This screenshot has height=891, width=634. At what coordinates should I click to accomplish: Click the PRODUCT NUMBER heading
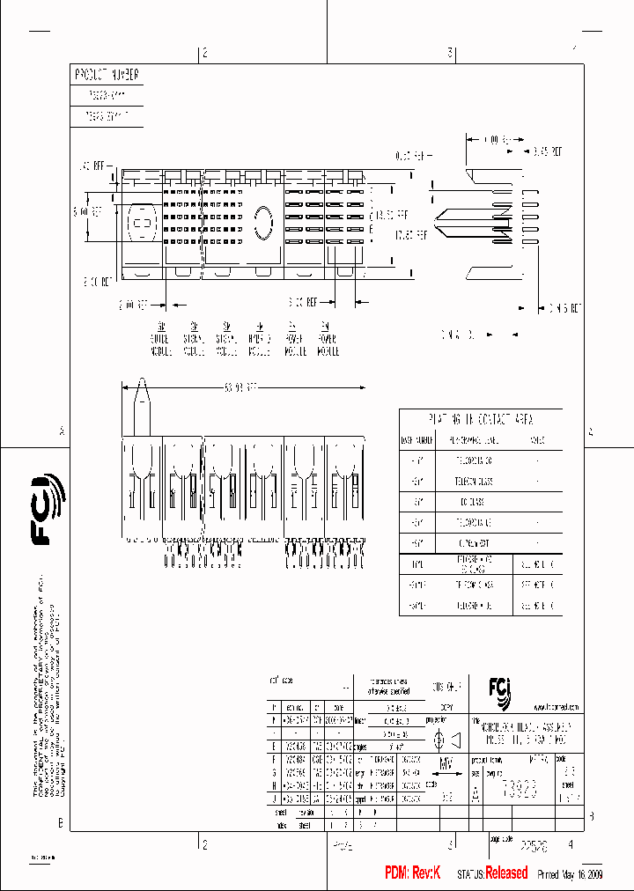[x=107, y=76]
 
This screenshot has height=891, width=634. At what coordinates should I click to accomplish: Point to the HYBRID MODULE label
[x=258, y=339]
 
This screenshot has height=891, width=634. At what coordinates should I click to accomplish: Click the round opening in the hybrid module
[x=262, y=222]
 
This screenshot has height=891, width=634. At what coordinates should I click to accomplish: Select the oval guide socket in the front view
[x=138, y=224]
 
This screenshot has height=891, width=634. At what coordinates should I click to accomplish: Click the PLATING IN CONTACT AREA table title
[x=481, y=419]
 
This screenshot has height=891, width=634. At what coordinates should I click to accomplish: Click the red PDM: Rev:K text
[x=417, y=873]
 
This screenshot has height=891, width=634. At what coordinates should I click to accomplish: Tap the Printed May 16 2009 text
[x=568, y=873]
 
